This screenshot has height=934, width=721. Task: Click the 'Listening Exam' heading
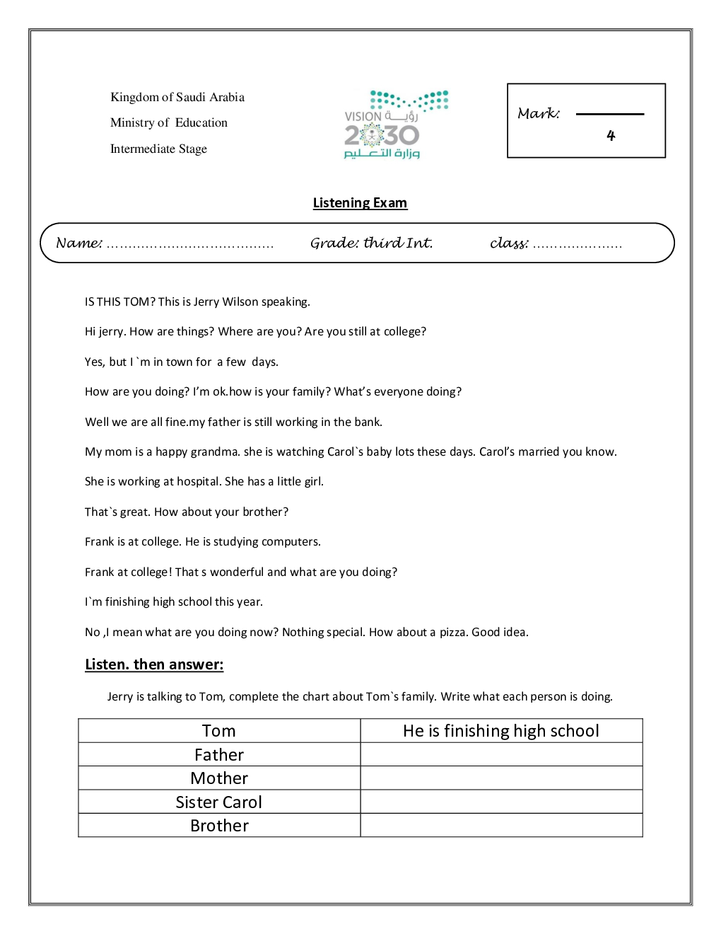(x=360, y=203)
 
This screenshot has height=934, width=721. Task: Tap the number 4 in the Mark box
(x=611, y=135)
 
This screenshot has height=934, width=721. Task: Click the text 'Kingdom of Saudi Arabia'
(x=177, y=97)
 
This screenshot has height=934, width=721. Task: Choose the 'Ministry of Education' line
(x=169, y=122)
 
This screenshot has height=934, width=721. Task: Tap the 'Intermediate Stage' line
(x=158, y=149)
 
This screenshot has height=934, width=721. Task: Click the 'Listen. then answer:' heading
(x=154, y=664)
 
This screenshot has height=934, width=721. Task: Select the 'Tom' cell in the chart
(x=219, y=731)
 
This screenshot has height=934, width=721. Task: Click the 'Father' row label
(x=219, y=755)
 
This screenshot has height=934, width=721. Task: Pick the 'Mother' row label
(x=219, y=778)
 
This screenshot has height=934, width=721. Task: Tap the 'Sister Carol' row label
(x=219, y=802)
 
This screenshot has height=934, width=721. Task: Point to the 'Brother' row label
(x=219, y=826)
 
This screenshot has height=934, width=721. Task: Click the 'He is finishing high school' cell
(x=501, y=731)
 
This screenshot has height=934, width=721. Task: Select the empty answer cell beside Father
(x=501, y=754)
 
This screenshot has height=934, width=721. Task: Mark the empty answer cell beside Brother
(x=501, y=825)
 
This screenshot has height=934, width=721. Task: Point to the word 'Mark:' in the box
(x=539, y=113)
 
